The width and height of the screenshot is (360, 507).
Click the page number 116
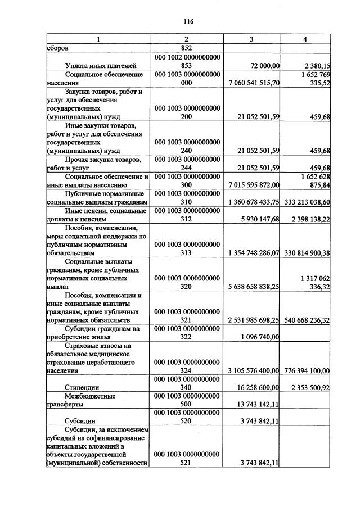click(188, 21)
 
